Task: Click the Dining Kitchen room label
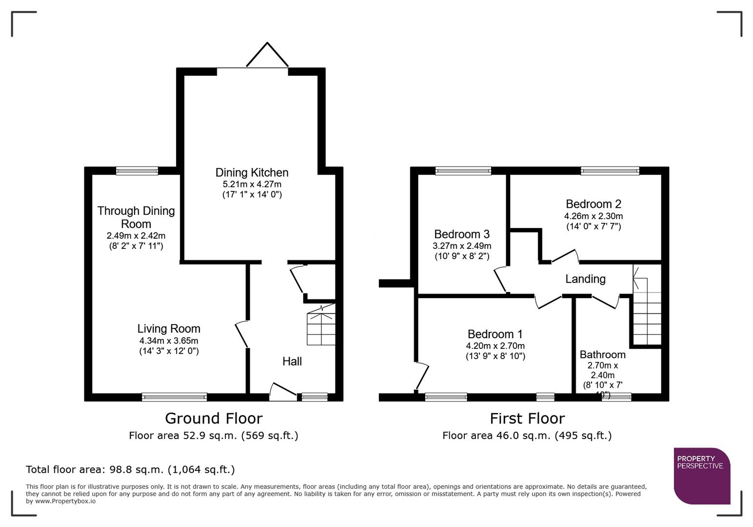(x=252, y=173)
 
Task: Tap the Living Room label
(x=169, y=329)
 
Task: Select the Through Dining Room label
(x=136, y=218)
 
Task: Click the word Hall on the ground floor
(x=292, y=362)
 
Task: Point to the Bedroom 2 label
(x=593, y=204)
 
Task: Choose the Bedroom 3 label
(x=461, y=234)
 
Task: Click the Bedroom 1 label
(x=495, y=334)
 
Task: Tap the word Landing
(x=585, y=279)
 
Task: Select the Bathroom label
(x=602, y=355)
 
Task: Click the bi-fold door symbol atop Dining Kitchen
(x=267, y=55)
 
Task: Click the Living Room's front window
(x=174, y=397)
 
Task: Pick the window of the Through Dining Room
(x=137, y=171)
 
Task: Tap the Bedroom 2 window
(x=610, y=171)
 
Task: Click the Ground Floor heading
(x=214, y=419)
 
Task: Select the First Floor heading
(x=527, y=419)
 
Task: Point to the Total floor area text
(x=130, y=469)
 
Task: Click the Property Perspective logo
(x=701, y=476)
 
